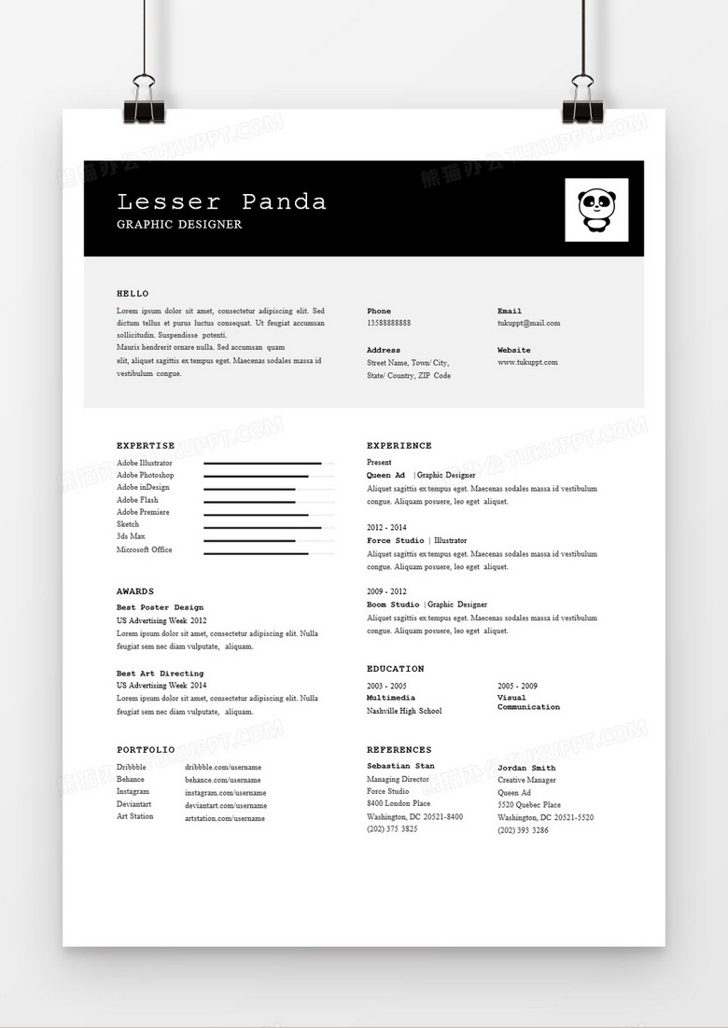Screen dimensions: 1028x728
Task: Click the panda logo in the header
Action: coord(596,210)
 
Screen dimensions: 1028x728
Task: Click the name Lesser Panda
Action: coord(222,201)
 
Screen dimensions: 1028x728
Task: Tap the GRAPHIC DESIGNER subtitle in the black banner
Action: coord(179,225)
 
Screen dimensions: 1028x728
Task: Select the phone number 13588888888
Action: coord(388,323)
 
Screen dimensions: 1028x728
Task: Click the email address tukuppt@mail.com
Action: coord(528,323)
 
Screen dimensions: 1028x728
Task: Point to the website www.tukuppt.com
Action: coord(527,362)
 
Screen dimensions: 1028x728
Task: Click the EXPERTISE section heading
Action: coord(146,446)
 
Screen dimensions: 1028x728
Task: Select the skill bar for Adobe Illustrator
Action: coord(262,463)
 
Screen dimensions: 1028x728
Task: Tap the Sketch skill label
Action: coord(128,524)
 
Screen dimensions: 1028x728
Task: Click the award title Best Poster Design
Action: coord(160,607)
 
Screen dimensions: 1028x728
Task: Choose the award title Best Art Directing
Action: coord(160,673)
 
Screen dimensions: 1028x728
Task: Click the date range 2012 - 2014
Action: coord(386,527)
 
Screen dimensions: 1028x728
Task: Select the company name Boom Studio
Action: coord(393,604)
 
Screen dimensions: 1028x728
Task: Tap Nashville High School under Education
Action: coord(404,711)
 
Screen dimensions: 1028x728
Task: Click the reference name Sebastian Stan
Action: coord(400,766)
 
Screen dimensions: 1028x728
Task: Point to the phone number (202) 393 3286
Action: coord(523,829)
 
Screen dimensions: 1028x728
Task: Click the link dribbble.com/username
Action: coord(222,767)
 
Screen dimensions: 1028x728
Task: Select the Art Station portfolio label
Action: coord(135,816)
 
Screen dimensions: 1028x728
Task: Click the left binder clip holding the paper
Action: coord(145,102)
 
